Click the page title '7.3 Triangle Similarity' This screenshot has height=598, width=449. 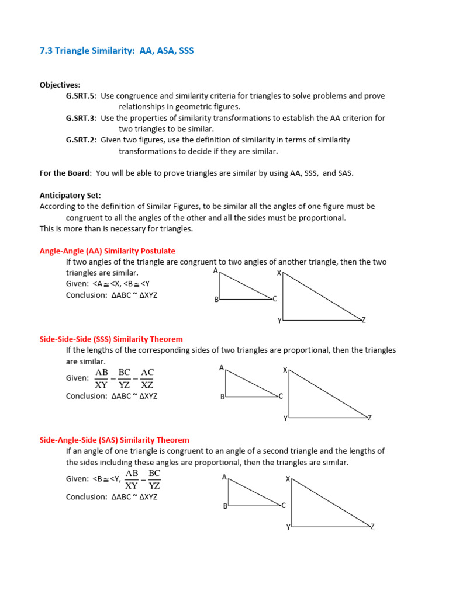pyautogui.click(x=116, y=51)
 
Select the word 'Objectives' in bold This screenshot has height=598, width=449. pyautogui.click(x=60, y=85)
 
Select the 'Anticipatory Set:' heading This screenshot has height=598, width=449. pyautogui.click(x=70, y=196)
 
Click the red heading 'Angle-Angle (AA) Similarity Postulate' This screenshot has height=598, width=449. pyautogui.click(x=107, y=251)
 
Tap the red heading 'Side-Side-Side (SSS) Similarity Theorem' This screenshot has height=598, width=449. pyautogui.click(x=111, y=339)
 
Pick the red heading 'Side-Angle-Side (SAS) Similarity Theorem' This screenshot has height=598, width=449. pyautogui.click(x=114, y=440)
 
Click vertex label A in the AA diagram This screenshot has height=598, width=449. pyautogui.click(x=215, y=271)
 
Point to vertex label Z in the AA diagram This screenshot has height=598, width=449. pyautogui.click(x=364, y=320)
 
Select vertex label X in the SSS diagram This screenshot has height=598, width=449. pyautogui.click(x=285, y=370)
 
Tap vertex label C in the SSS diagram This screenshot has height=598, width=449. pyautogui.click(x=281, y=396)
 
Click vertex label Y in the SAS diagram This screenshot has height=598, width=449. pyautogui.click(x=288, y=527)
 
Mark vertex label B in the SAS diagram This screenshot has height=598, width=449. pyautogui.click(x=224, y=506)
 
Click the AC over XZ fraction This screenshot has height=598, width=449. pyautogui.click(x=147, y=378)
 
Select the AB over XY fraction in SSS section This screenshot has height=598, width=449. pyautogui.click(x=102, y=378)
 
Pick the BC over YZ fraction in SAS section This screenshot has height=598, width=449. pyautogui.click(x=154, y=479)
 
